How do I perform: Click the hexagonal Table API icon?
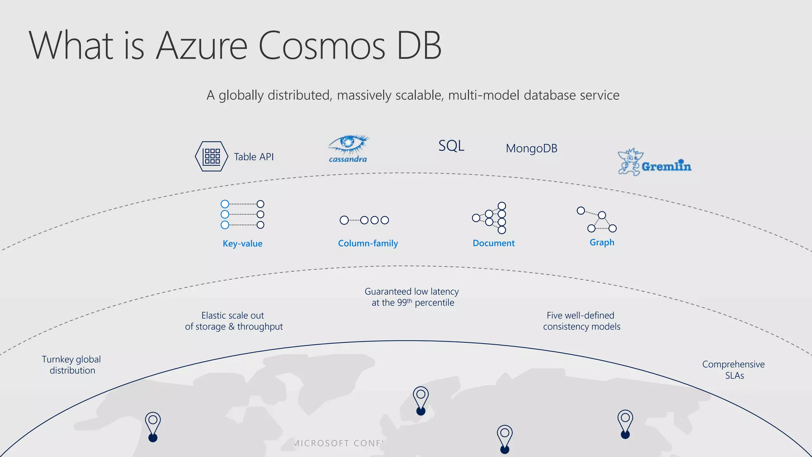(212, 156)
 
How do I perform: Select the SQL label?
(451, 146)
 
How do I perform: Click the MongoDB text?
(531, 148)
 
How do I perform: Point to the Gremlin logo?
(655, 163)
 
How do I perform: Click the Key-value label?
(242, 244)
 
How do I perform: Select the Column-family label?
(368, 243)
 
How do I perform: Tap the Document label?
(494, 243)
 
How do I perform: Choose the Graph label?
(602, 242)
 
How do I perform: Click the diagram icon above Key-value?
(242, 215)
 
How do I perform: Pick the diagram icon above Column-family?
(364, 220)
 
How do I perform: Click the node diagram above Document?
(490, 218)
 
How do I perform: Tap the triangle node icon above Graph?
(597, 219)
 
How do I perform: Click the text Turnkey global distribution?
(72, 365)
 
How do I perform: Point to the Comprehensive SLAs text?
(733, 370)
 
